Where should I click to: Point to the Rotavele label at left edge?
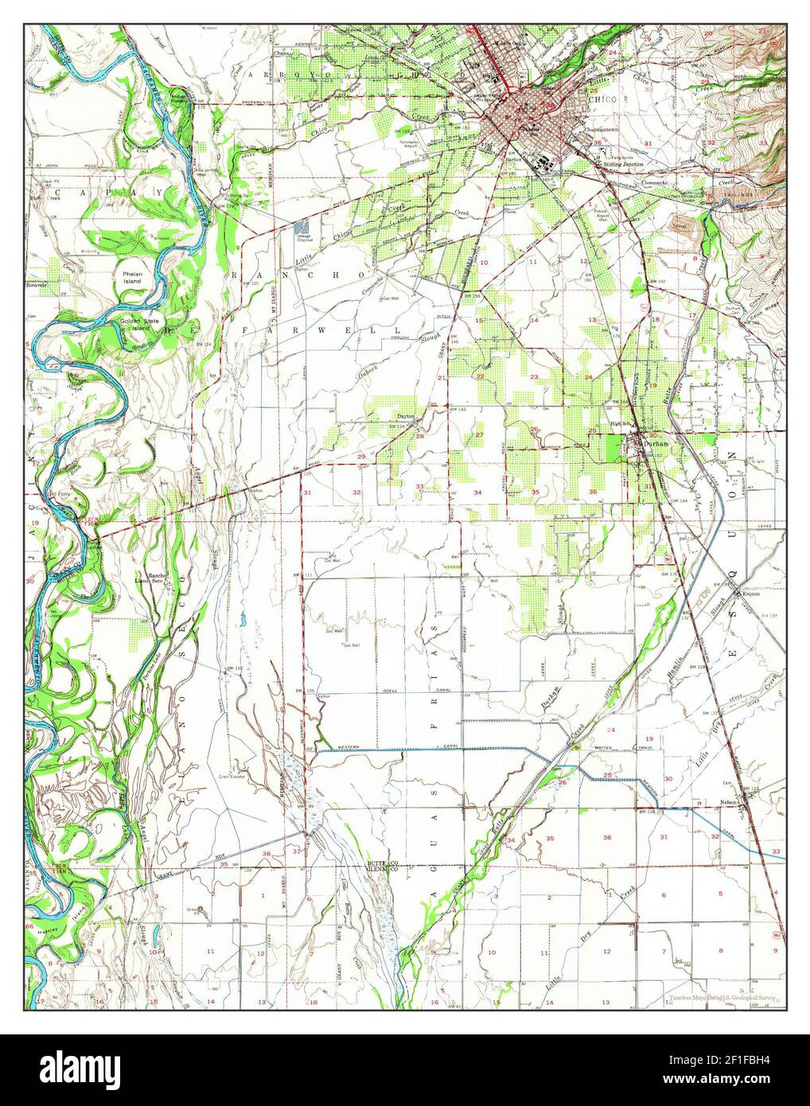37,283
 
